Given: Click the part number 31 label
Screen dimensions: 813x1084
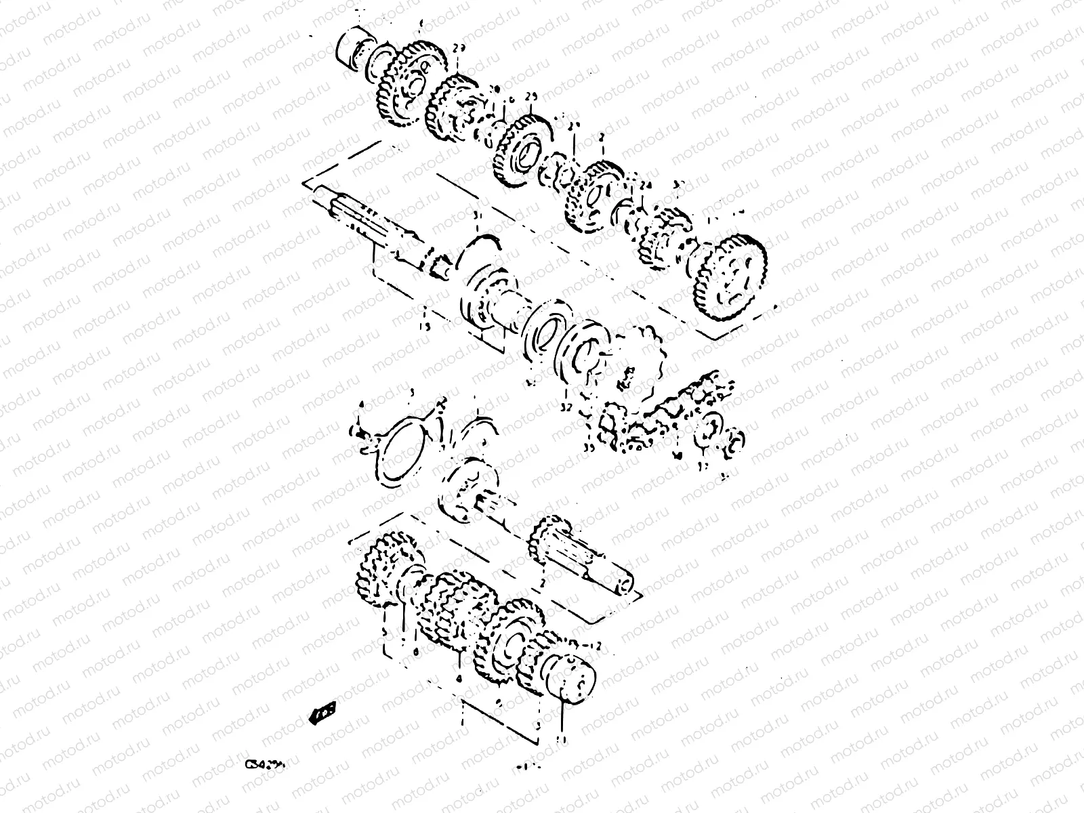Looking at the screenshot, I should pos(476,215).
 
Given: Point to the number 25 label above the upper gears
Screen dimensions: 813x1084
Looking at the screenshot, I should pos(531,98).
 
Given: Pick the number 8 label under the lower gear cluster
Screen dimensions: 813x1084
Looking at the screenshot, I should pos(416,652).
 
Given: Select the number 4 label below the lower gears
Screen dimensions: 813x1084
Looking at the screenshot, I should pos(459,677).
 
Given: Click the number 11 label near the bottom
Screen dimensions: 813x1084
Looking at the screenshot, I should pos(559,738).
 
